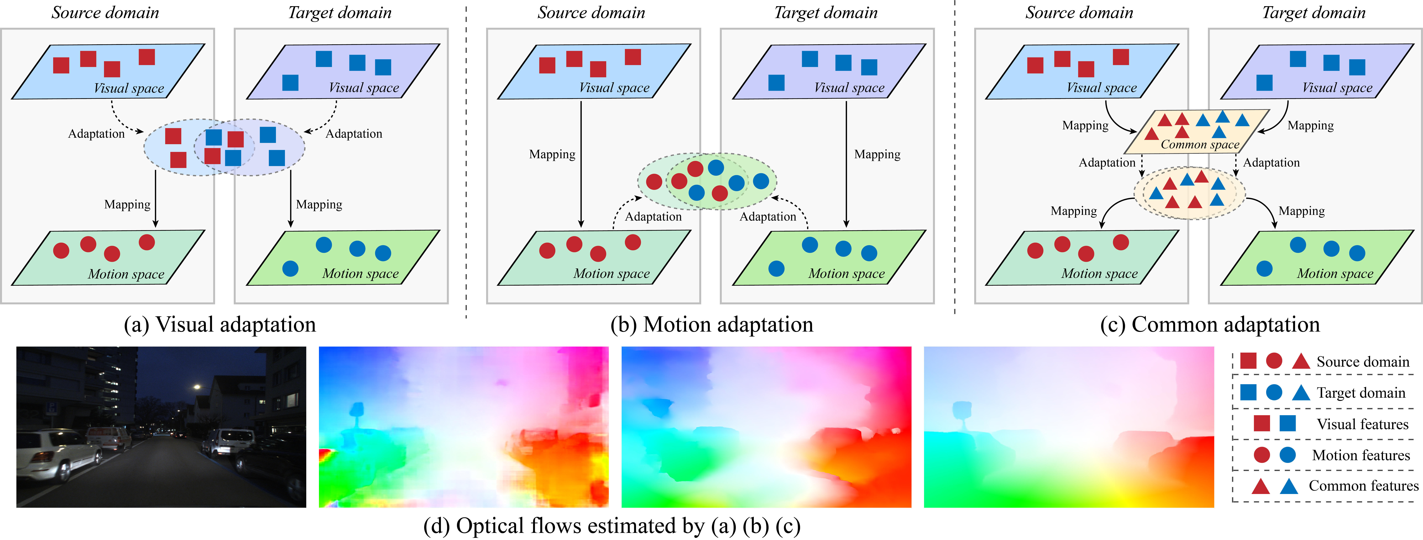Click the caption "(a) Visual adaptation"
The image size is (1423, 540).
[220, 325]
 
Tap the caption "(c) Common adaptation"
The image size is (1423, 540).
[1210, 325]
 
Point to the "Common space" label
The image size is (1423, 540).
[1200, 145]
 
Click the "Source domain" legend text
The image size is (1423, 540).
[1363, 362]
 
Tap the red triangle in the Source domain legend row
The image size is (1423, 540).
[1301, 362]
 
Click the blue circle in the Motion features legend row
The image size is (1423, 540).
[1288, 455]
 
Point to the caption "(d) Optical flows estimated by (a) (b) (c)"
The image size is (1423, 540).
[611, 526]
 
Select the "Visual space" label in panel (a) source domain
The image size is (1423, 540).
[129, 88]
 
